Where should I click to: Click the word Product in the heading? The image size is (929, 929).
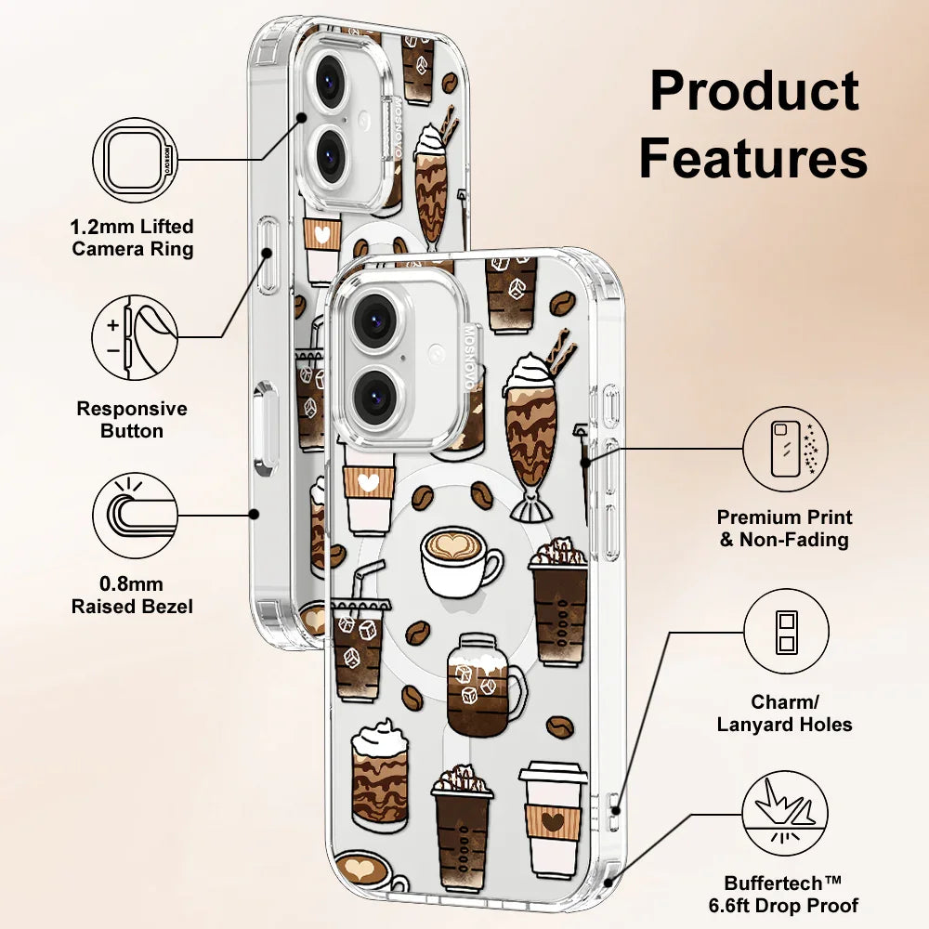[753, 91]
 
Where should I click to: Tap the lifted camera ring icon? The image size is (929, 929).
[136, 159]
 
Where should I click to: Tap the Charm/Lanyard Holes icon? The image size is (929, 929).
[785, 632]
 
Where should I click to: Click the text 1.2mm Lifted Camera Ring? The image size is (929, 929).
[133, 238]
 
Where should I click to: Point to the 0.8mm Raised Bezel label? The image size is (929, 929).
[133, 595]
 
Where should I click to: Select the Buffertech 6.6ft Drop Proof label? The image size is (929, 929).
[792, 894]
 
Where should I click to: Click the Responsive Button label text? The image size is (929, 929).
[132, 420]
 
